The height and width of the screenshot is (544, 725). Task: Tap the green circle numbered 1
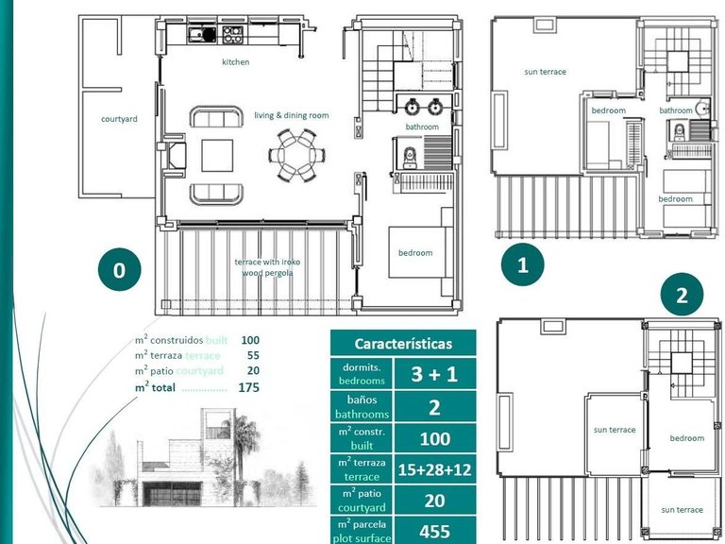coord(523,265)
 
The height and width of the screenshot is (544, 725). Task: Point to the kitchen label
coord(236,62)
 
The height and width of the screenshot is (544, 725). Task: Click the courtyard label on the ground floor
coord(120,119)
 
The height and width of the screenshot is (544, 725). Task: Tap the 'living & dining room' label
coord(291,115)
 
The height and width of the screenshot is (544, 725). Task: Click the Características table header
coord(403,344)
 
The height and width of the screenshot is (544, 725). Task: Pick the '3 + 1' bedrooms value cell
coord(434,374)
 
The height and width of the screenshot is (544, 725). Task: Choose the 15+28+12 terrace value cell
coord(434,469)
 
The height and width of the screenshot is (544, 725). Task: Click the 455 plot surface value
coord(434,530)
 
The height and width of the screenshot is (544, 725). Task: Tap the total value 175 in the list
coord(249,387)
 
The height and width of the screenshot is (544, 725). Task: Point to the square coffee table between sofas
coord(217,154)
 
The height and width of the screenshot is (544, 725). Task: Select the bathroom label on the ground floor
coord(422,127)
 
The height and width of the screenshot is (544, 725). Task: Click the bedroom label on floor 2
coord(686,438)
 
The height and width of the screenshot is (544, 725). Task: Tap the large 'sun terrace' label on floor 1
coord(545,72)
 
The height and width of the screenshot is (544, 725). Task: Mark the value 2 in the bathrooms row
coord(434,406)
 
